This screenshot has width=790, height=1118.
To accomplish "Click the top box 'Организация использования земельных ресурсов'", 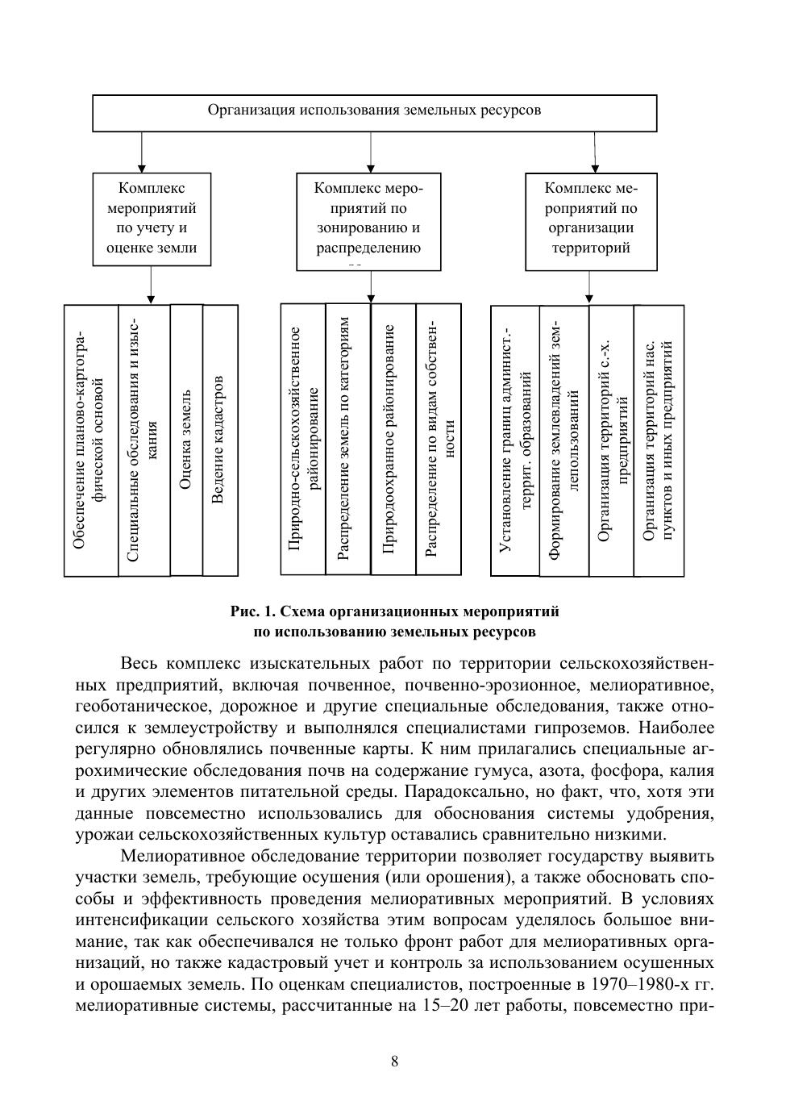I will (375, 113).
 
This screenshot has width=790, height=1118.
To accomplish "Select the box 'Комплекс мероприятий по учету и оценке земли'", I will (152, 219).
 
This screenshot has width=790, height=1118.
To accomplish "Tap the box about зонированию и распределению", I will (368, 221).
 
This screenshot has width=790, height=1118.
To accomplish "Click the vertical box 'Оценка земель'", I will (186, 440).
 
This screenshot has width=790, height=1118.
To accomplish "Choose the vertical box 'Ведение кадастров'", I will (220, 440).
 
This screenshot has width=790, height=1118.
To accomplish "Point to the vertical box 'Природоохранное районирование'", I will (393, 440).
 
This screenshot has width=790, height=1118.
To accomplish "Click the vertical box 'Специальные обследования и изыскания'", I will (144, 440).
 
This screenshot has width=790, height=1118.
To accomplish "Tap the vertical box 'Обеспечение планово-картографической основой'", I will (91, 440).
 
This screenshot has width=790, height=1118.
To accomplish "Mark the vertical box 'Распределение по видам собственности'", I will (439, 440).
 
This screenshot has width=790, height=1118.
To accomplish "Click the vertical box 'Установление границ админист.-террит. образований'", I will (515, 440).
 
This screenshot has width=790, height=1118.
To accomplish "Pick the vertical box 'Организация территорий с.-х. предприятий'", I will (612, 440).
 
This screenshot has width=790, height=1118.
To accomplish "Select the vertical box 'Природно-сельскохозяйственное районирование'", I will (303, 440).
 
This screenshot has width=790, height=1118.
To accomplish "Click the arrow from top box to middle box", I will (371, 152).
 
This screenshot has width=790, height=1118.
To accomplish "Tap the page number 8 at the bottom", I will (394, 1062).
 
